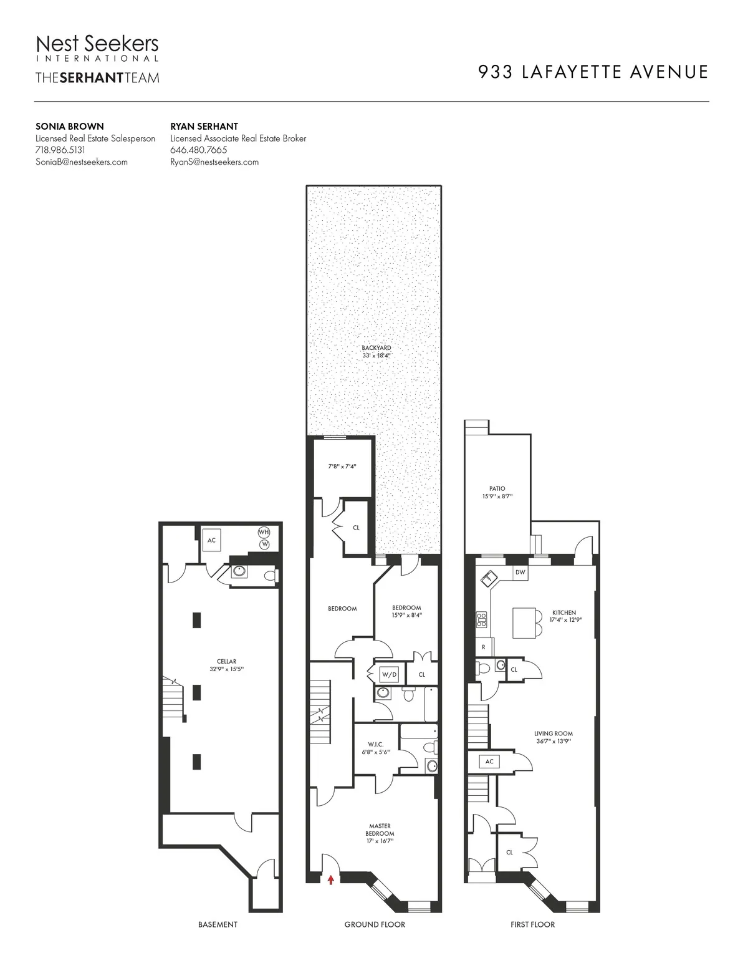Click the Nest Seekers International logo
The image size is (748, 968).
pos(97,49)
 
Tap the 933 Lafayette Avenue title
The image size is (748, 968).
pos(593,72)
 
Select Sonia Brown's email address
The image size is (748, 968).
pos(82,162)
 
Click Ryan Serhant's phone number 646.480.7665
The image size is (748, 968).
pos(198,150)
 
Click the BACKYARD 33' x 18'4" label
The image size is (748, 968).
pos(376,351)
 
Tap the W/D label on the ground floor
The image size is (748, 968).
pos(389,674)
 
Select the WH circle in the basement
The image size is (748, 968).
pos(264,532)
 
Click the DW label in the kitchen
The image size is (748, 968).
pos(520,571)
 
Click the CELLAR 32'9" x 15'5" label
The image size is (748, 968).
pos(226,665)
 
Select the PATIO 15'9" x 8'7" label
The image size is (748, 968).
pos(497,493)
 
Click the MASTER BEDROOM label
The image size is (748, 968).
pos(380,833)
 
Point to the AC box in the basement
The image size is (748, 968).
pos(212,540)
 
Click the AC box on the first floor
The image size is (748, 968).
pos(489,762)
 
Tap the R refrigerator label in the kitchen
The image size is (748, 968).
pos(483,647)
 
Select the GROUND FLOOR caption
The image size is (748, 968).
pos(375,924)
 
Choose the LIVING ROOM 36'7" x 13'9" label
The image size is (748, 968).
pos(553,737)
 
